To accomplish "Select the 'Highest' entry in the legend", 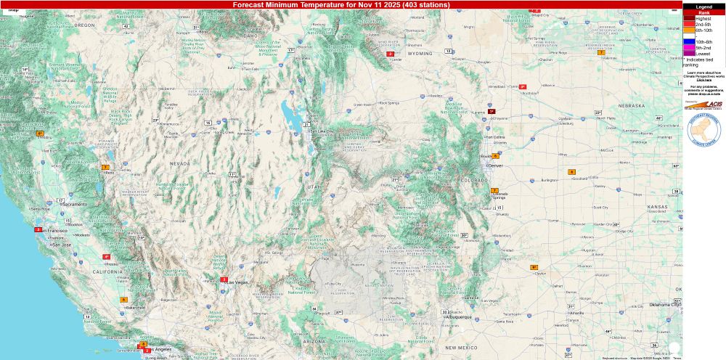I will [x=703, y=19].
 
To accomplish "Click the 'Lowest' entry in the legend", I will [x=703, y=53].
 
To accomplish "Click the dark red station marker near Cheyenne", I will [x=491, y=112].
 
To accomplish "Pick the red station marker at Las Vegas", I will [x=224, y=279].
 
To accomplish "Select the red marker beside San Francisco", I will [x=38, y=229].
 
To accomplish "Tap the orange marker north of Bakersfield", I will [x=123, y=299].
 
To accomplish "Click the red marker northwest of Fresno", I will [x=106, y=256].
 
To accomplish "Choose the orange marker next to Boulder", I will [x=495, y=155].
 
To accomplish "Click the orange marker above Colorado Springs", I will [x=494, y=190].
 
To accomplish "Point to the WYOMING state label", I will [x=420, y=54].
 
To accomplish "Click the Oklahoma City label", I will [x=665, y=305].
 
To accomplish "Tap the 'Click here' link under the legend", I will [x=703, y=79].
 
